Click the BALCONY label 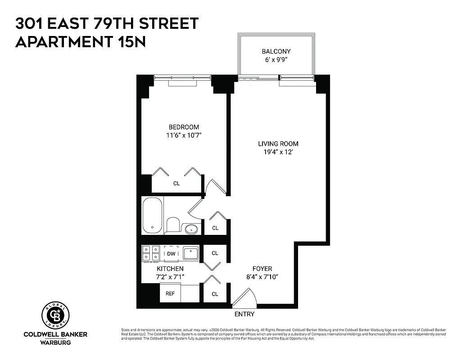click(x=276, y=51)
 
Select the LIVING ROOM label click(x=278, y=144)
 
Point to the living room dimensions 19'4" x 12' click(x=278, y=152)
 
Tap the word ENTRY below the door click(x=244, y=314)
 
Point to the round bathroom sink click(x=192, y=229)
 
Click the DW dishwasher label click(x=171, y=254)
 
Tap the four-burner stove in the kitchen click(x=151, y=253)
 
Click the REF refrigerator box click(x=170, y=293)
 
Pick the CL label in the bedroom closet click(x=176, y=184)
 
